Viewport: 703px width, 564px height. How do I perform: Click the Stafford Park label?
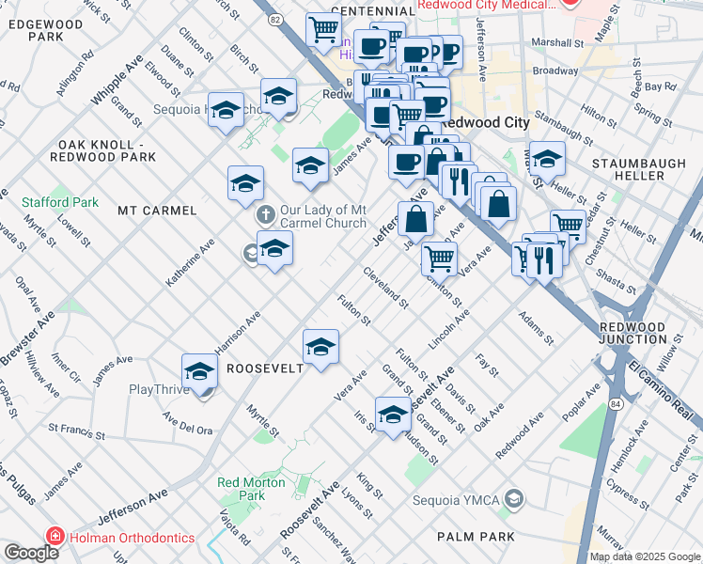click(x=59, y=202)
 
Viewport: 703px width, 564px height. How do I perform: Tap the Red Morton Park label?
click(x=242, y=489)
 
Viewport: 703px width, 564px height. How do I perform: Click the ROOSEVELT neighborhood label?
click(x=265, y=368)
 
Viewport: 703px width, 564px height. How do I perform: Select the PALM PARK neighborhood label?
click(x=476, y=537)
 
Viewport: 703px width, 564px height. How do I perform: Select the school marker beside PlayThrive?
click(x=199, y=372)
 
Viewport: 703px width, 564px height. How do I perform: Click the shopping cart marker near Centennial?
click(x=324, y=29)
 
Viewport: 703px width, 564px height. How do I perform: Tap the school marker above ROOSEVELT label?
click(x=320, y=348)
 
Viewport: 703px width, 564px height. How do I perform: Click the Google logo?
click(x=31, y=553)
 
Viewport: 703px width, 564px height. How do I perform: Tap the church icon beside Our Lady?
click(x=267, y=216)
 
